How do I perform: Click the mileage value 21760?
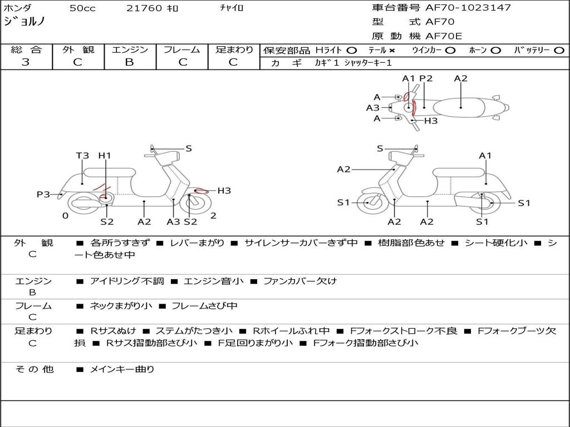coord(144,8)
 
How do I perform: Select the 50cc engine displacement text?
coord(81,8)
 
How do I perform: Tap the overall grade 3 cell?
coord(26,62)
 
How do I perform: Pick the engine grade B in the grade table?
coord(130,62)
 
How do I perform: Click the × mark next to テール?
coord(392,51)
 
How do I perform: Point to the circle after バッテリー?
coord(559,51)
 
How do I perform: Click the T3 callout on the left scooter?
coord(82,156)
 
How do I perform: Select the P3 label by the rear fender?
coord(43,195)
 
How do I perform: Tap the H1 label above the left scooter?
coord(105,156)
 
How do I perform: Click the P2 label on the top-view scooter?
coord(426,78)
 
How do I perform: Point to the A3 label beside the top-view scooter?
coord(372,108)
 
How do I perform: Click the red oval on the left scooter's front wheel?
coord(198,191)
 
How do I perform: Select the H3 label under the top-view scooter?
coord(431,121)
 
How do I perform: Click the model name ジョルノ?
coord(24,22)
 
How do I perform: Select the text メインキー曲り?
coord(122,369)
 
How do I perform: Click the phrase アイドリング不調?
coord(127,281)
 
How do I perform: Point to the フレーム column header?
coord(181,50)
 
